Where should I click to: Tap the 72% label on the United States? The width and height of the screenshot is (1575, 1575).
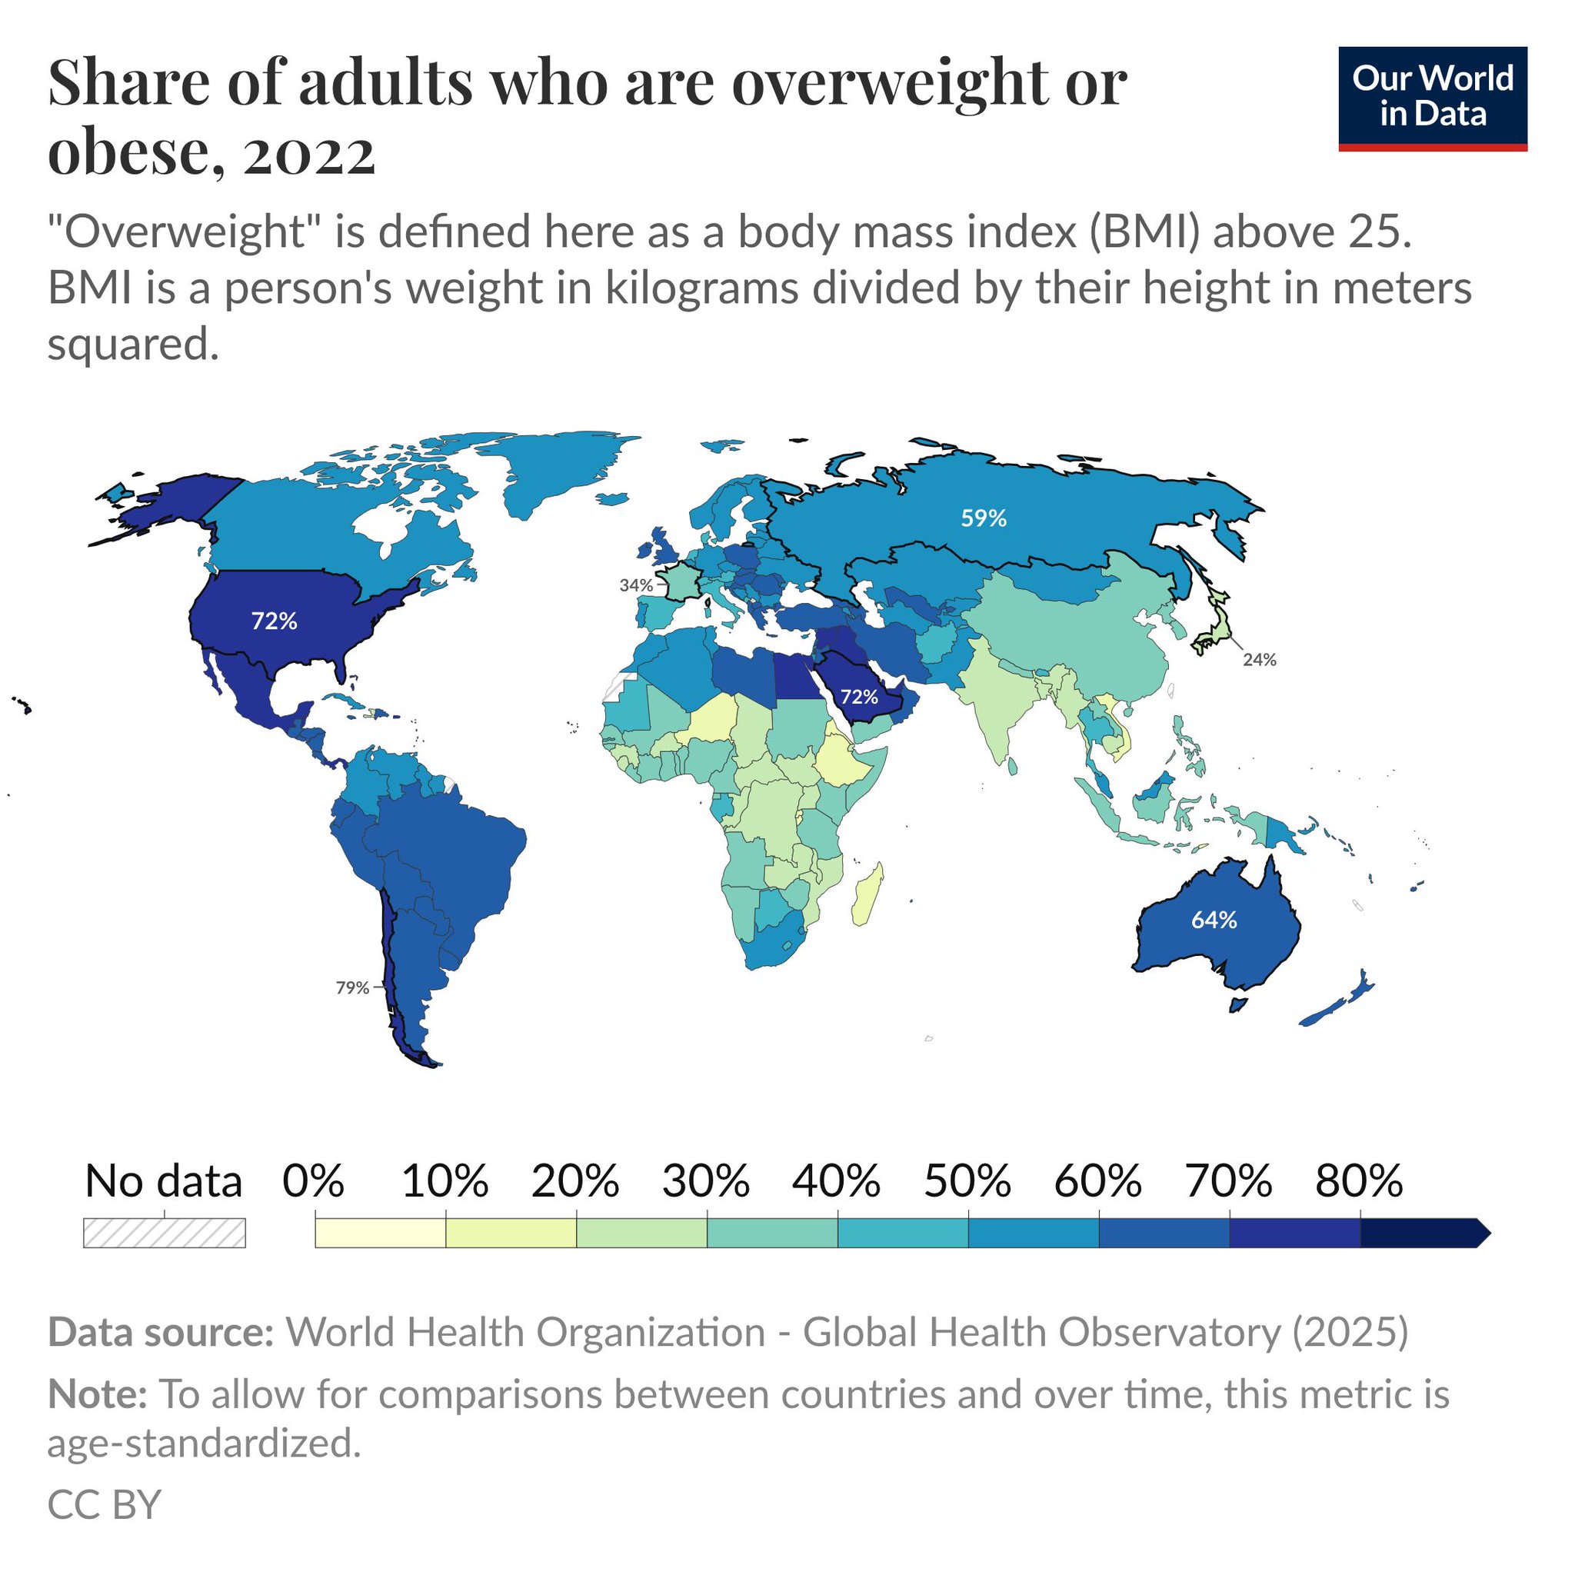pyautogui.click(x=274, y=621)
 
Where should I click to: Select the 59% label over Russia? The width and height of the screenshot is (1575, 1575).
pyautogui.click(x=983, y=518)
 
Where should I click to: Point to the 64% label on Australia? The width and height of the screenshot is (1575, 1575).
pyautogui.click(x=1214, y=921)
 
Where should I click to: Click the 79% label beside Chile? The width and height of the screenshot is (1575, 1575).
pyautogui.click(x=352, y=988)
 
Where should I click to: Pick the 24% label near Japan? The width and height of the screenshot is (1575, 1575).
pyautogui.click(x=1259, y=660)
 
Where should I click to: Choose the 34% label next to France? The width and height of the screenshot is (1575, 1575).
pyautogui.click(x=636, y=585)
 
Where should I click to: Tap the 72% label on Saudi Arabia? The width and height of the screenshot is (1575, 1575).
pyautogui.click(x=859, y=697)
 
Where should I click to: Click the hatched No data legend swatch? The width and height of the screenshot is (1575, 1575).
pyautogui.click(x=164, y=1233)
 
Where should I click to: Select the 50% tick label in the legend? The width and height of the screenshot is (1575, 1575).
pyautogui.click(x=967, y=1180)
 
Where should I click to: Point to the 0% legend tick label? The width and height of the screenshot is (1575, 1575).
pyautogui.click(x=313, y=1180)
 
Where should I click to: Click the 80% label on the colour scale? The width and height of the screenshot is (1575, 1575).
pyautogui.click(x=1359, y=1180)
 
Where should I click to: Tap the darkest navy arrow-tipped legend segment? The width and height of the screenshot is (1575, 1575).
pyautogui.click(x=1423, y=1233)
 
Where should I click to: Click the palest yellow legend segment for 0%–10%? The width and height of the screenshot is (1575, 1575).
pyautogui.click(x=380, y=1233)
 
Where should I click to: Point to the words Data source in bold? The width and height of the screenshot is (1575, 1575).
pyautogui.click(x=160, y=1332)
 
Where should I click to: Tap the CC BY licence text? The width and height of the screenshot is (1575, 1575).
pyautogui.click(x=105, y=1504)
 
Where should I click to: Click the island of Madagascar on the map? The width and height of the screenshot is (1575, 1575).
pyautogui.click(x=867, y=895)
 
